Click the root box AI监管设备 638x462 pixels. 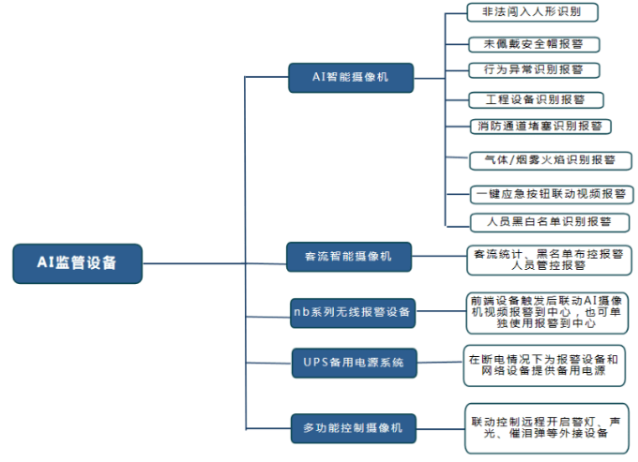click(x=77, y=263)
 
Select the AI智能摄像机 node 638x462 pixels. click(x=351, y=76)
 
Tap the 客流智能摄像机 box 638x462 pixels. click(x=348, y=256)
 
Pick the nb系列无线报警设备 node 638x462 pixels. click(x=351, y=311)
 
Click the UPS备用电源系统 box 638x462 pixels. click(x=353, y=362)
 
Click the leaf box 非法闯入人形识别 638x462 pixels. click(x=532, y=12)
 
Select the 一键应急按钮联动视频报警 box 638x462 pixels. click(x=551, y=194)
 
